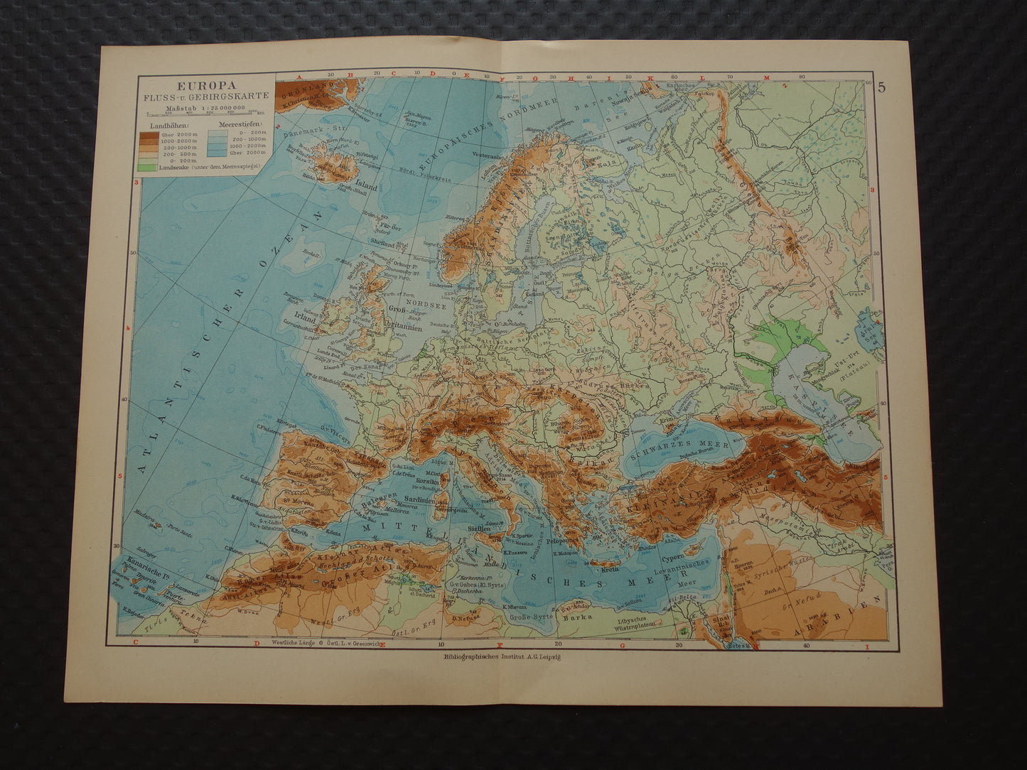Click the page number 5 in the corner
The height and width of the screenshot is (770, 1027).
coord(881,88)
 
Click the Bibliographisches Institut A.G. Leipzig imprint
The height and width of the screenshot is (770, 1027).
coord(503,656)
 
